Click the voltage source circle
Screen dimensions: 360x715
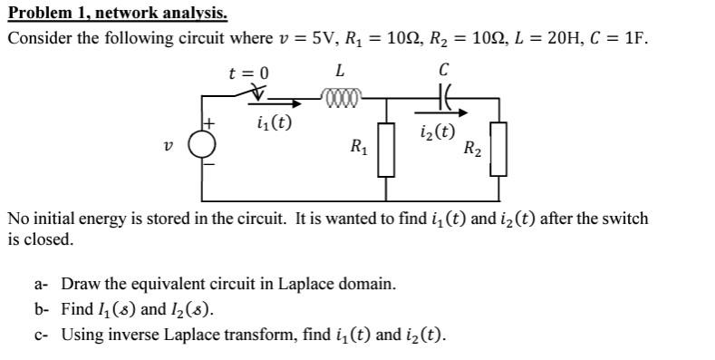point(202,143)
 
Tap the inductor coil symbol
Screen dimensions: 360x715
point(343,92)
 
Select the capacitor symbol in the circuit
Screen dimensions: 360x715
point(443,93)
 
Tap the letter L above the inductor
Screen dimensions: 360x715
point(339,70)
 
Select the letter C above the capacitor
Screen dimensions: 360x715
point(443,70)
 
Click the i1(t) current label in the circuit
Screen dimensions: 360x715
point(274,122)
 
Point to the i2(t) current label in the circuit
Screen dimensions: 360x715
point(437,132)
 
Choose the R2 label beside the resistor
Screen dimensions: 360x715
point(471,148)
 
